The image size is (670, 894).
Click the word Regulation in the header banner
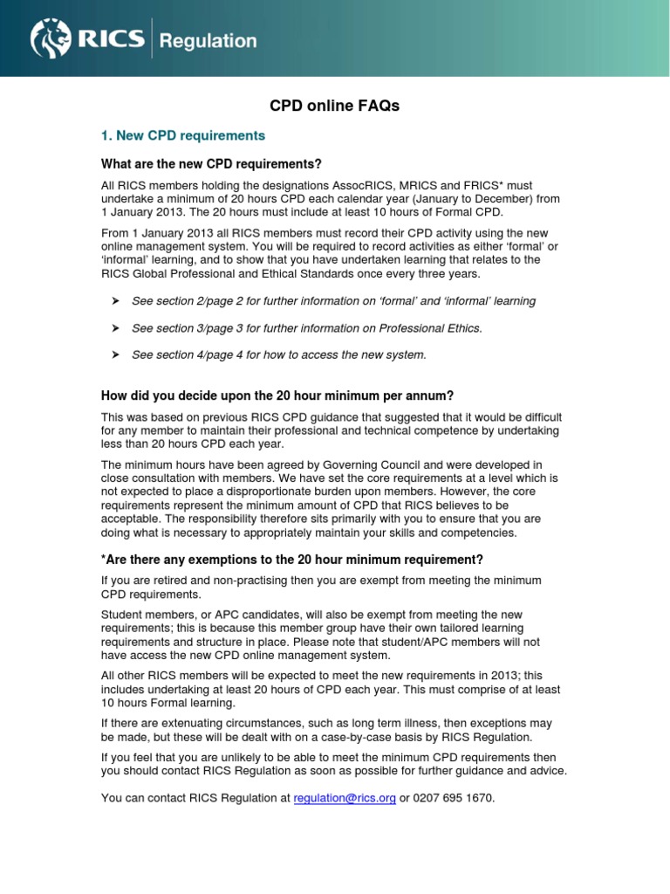click(210, 41)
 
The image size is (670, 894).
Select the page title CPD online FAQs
click(334, 106)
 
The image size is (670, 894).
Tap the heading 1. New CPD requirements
click(183, 136)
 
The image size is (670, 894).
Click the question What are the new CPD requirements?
click(212, 164)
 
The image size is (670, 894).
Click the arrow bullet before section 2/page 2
click(113, 301)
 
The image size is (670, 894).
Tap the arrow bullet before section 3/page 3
click(113, 328)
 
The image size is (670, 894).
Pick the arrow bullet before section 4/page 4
click(113, 354)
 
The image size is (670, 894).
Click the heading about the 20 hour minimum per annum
click(277, 395)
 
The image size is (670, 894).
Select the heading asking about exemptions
click(292, 559)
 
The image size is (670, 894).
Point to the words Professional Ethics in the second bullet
click(431, 328)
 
